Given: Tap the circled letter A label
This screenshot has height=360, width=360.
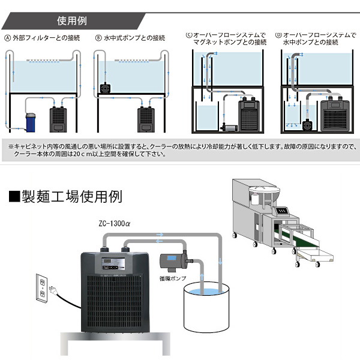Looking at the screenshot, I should (x=7, y=38).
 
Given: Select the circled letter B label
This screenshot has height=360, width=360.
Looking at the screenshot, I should (x=98, y=38).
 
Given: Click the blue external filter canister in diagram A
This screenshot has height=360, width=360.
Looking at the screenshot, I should (x=31, y=121).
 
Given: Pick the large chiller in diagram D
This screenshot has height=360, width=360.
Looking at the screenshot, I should (x=337, y=114).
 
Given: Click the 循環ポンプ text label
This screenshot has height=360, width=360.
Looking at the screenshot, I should (x=169, y=277).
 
